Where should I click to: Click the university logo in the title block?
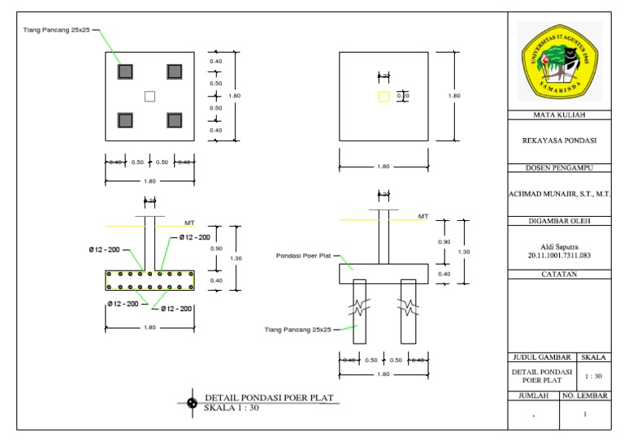558,63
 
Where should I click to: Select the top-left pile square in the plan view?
124,71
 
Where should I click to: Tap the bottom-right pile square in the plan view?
174,121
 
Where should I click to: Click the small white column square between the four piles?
149,97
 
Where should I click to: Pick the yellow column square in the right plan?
383,97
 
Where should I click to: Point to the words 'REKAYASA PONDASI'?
558,140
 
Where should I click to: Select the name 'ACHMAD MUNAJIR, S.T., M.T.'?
558,194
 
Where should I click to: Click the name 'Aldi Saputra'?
558,246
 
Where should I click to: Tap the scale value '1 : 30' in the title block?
594,376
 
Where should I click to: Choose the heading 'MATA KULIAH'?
558,115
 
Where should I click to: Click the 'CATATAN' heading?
558,275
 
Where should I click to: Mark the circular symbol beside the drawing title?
192,402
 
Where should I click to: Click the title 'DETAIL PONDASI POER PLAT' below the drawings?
269,398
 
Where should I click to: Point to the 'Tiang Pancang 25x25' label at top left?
56,30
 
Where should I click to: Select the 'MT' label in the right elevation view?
422,216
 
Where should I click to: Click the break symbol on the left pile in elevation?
359,307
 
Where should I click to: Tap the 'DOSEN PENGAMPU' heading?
558,168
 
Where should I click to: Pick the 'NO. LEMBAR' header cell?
586,396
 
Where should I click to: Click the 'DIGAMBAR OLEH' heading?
558,221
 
